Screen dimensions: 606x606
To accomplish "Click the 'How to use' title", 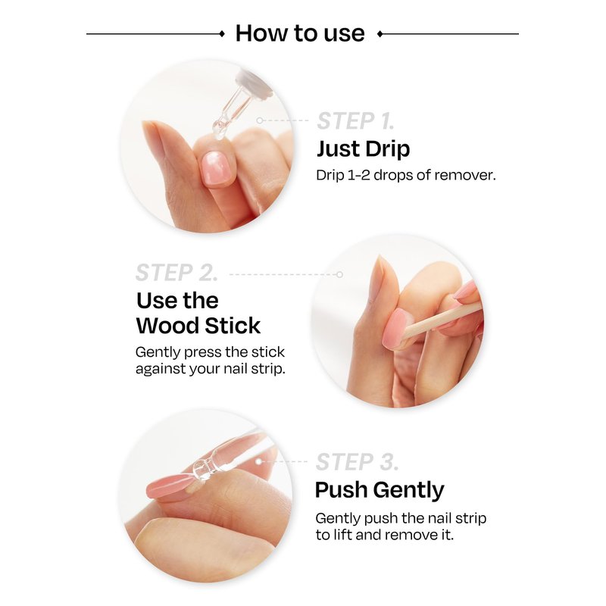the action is tap(300, 33).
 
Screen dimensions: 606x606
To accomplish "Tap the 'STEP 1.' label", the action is tap(355, 121).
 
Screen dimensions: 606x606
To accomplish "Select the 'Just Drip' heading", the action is tap(364, 148).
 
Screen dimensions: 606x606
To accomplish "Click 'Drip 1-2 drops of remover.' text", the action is tap(406, 175).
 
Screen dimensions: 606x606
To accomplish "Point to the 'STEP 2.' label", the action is tap(176, 273).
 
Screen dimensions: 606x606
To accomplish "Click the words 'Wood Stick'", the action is tap(198, 326).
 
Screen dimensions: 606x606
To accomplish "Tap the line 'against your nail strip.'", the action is tap(211, 369).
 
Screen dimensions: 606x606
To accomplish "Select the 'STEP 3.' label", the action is tap(357, 462).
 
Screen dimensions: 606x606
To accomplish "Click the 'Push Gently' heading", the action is tap(380, 490).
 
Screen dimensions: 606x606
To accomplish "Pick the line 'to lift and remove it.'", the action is tap(385, 535).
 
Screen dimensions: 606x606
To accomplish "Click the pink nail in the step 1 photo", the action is tap(215, 169).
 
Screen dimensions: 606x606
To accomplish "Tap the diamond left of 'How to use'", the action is tap(222, 33).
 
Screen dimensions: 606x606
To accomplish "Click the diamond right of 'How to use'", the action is tap(380, 34).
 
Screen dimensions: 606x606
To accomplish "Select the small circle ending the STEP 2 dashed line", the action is tap(339, 274).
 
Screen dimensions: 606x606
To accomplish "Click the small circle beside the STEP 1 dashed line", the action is tap(260, 120).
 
